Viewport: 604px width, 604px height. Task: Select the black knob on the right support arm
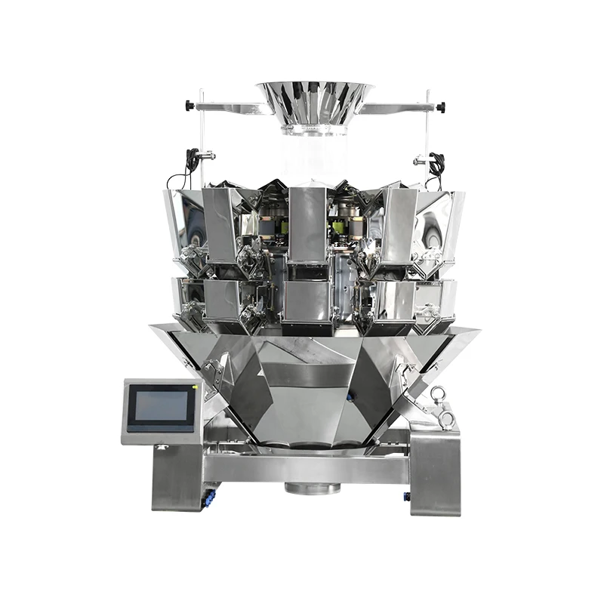tap(442, 106)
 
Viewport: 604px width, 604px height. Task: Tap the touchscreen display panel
tap(160, 408)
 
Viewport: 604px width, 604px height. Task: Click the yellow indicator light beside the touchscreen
tap(196, 387)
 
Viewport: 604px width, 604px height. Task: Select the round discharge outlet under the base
tap(313, 488)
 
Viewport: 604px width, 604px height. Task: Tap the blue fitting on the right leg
tap(407, 495)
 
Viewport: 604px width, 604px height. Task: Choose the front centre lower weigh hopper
tap(307, 300)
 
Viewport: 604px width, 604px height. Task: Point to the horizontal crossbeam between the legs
tap(310, 467)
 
